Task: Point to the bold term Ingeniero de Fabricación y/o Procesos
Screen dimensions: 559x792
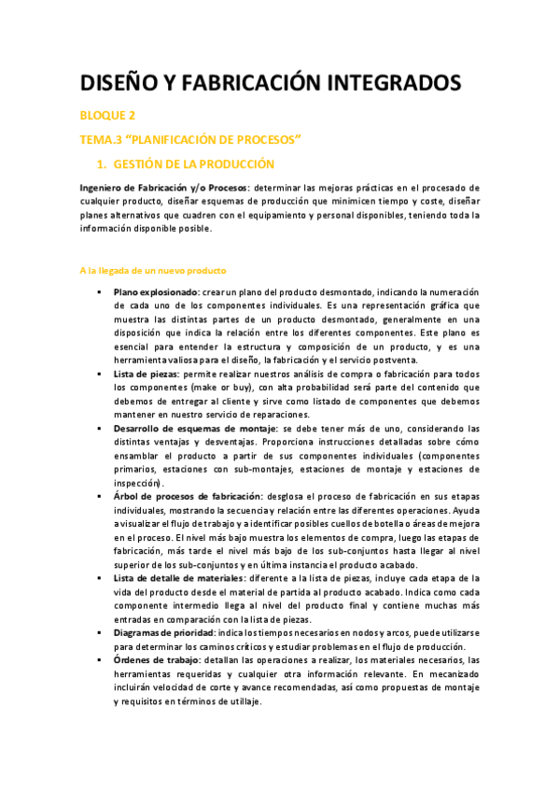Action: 163,188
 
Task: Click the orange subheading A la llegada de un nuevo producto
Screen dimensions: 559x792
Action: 153,271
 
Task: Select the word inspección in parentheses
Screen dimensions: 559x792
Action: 137,483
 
